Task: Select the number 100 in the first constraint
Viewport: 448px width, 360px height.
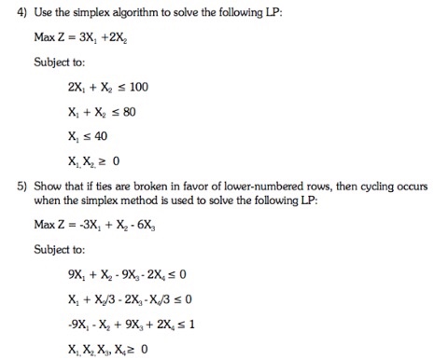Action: tap(137, 87)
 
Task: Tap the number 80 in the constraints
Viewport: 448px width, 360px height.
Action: tap(133, 111)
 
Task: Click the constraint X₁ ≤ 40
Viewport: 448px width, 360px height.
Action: tap(96, 134)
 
